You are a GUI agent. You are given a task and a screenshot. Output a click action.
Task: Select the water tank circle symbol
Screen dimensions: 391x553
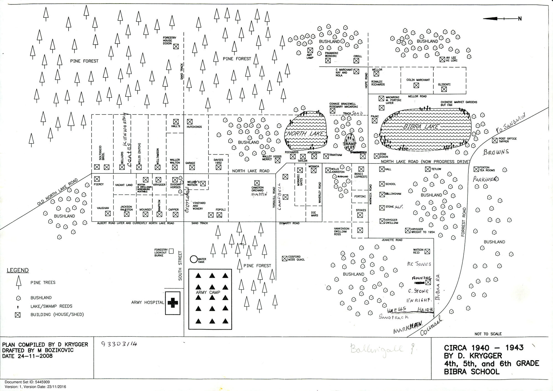(x=194, y=259)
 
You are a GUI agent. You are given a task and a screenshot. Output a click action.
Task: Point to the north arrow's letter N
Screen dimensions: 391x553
(x=520, y=19)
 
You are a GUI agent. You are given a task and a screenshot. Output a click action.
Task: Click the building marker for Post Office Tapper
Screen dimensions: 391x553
(x=495, y=140)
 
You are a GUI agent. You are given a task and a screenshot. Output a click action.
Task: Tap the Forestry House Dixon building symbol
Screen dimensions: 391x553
(x=176, y=46)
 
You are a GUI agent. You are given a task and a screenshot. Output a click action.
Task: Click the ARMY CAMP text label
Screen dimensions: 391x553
(x=208, y=292)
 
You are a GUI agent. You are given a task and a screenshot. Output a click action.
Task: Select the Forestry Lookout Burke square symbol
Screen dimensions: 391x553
(x=171, y=251)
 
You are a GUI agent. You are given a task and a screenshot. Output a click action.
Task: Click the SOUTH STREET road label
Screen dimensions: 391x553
(x=180, y=265)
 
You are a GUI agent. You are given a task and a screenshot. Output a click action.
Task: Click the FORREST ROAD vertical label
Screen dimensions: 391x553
(x=464, y=222)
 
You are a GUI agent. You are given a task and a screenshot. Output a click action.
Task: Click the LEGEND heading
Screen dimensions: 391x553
(x=18, y=270)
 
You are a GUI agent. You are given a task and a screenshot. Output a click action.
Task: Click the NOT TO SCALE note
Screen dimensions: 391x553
(x=488, y=334)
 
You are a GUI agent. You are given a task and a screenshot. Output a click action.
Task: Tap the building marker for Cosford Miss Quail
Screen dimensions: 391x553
(x=284, y=259)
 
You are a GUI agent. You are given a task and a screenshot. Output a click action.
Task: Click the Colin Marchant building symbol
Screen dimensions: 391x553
(x=416, y=85)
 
